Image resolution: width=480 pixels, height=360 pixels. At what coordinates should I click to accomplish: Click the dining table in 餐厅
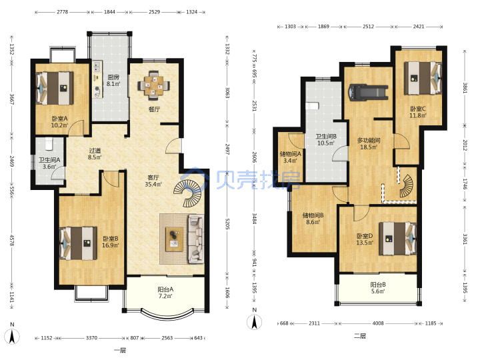(154, 85)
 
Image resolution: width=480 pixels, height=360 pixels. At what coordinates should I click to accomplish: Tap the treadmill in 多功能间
(368, 92)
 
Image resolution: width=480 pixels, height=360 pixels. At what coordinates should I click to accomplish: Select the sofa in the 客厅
(196, 239)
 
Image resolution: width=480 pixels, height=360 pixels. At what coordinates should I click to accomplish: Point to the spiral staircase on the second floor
(407, 186)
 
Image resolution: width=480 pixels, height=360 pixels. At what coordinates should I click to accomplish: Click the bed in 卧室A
(55, 88)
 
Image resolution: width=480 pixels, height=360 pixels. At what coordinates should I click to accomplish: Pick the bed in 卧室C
(423, 78)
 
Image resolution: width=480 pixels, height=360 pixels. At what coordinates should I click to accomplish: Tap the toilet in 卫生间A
(49, 143)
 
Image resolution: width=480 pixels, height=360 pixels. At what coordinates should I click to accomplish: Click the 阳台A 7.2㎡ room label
(165, 293)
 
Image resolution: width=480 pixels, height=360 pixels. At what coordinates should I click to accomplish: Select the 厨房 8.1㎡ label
(113, 81)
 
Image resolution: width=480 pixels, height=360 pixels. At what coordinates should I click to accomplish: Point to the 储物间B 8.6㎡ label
(313, 219)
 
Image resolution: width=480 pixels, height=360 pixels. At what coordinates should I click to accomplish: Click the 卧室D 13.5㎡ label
(365, 239)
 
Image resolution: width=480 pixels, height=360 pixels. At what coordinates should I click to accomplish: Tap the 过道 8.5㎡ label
(95, 154)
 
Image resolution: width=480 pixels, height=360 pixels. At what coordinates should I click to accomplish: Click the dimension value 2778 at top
(63, 12)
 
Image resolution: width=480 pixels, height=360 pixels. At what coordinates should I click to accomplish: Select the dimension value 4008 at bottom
(378, 323)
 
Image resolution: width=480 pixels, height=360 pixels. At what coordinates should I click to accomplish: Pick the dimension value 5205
(227, 224)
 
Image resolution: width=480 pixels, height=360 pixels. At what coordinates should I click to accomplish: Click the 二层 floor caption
(360, 336)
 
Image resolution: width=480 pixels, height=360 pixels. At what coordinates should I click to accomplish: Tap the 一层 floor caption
(120, 351)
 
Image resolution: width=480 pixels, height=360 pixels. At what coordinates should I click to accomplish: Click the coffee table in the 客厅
(174, 239)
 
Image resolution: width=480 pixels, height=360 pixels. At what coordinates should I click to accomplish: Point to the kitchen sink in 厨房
(97, 66)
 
